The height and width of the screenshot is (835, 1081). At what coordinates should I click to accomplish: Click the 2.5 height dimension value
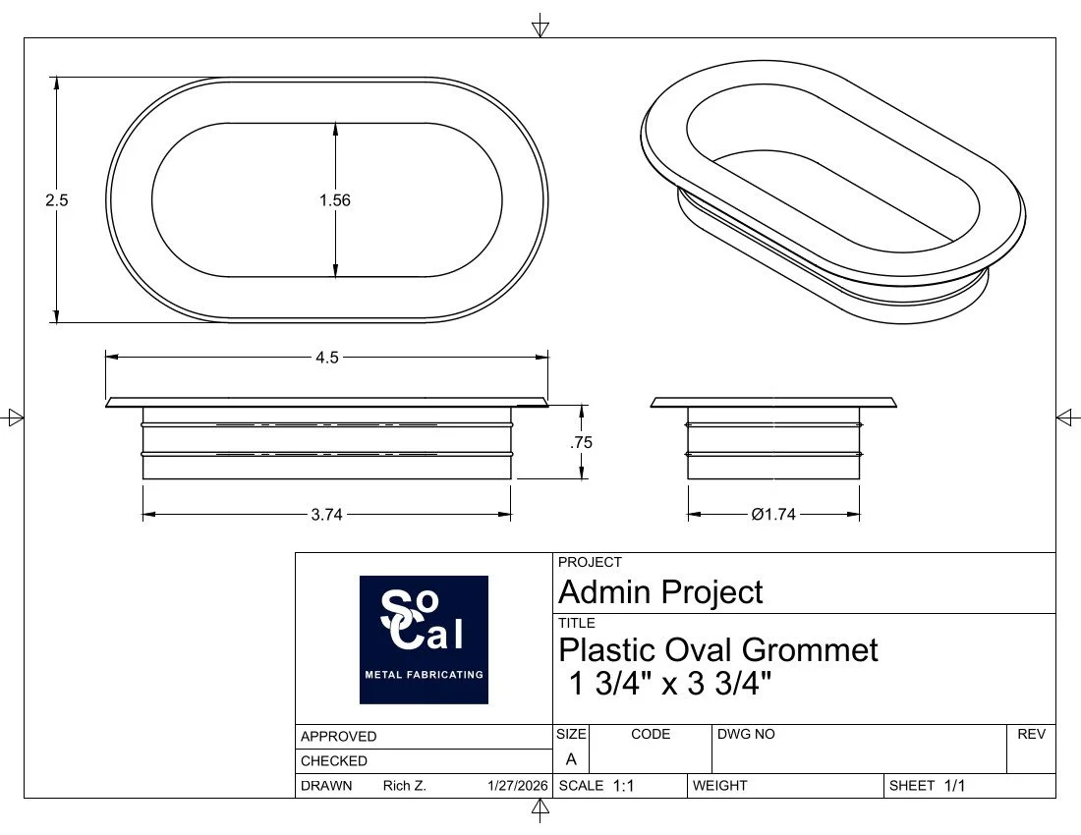(x=57, y=199)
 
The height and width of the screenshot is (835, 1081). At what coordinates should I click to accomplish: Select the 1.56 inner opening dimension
(x=335, y=199)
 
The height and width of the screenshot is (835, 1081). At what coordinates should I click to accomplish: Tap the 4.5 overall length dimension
(x=327, y=358)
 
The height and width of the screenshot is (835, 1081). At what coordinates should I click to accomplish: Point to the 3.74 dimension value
(x=326, y=515)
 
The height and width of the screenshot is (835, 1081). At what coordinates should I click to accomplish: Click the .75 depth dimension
(x=582, y=442)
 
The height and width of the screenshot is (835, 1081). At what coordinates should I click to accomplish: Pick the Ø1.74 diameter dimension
(x=773, y=515)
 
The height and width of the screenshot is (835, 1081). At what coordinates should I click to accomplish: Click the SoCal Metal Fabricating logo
(x=424, y=640)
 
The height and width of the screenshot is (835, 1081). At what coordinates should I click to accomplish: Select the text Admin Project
(x=660, y=592)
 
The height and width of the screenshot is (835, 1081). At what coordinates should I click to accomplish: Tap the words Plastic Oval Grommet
(x=718, y=649)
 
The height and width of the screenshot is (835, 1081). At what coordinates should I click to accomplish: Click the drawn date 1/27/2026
(x=517, y=786)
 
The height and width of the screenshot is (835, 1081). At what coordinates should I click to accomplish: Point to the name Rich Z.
(x=404, y=786)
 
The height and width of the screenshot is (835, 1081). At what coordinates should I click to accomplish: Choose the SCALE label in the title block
(x=581, y=786)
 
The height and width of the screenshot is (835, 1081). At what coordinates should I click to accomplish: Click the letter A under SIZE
(x=571, y=759)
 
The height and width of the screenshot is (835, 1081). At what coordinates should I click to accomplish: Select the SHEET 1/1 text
(x=929, y=786)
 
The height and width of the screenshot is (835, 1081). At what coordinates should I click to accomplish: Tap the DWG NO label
(x=746, y=734)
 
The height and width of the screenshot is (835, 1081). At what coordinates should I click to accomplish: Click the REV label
(x=1031, y=734)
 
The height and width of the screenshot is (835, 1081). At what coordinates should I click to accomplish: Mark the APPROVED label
(x=339, y=737)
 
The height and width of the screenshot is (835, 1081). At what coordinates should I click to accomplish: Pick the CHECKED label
(x=334, y=761)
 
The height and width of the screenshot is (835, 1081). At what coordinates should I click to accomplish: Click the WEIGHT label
(x=720, y=786)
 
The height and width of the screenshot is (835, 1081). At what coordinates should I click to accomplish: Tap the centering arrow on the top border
(x=540, y=27)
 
